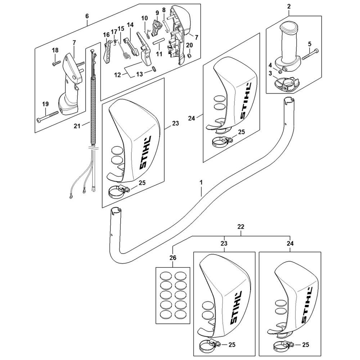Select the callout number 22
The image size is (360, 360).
[x=241, y=227]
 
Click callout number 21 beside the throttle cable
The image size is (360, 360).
[x=76, y=126]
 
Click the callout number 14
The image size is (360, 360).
[x=130, y=25]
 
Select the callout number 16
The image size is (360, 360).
[x=106, y=35]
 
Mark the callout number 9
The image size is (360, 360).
[x=157, y=13]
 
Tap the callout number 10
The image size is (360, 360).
[x=144, y=18]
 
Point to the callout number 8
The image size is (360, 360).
[x=164, y=10]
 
